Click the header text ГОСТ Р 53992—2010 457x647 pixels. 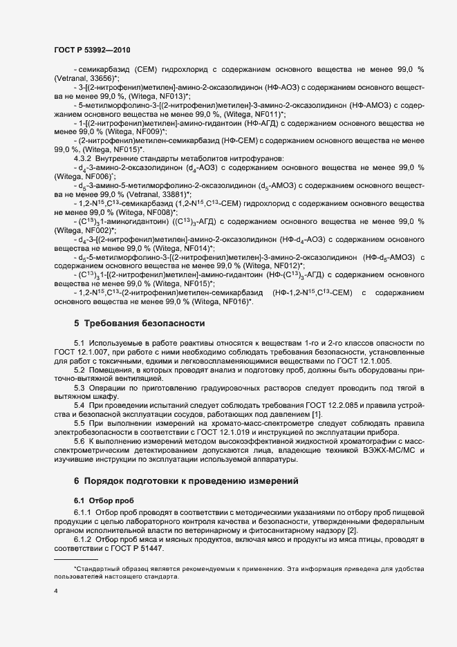pyautogui.click(x=91, y=50)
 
